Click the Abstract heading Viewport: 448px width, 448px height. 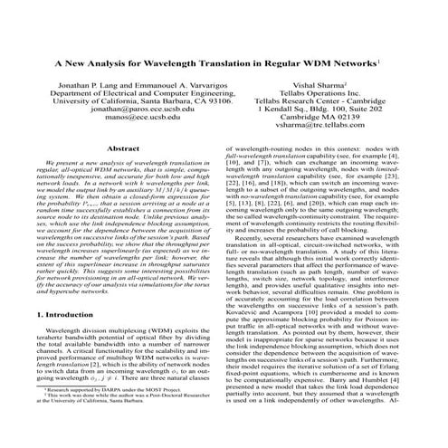[x=124, y=172]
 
